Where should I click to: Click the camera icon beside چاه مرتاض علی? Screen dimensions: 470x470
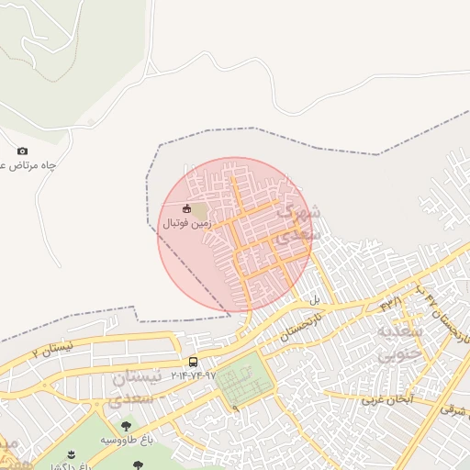click(x=22, y=151)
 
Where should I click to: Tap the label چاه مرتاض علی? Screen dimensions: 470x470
click(x=27, y=165)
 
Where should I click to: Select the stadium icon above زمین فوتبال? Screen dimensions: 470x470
click(x=187, y=207)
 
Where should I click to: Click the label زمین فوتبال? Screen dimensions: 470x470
click(x=187, y=223)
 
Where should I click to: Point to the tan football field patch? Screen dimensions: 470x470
click(x=200, y=211)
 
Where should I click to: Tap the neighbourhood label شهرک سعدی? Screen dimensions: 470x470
click(x=299, y=220)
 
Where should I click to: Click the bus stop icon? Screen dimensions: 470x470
click(x=193, y=362)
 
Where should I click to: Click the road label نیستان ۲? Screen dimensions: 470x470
click(x=51, y=350)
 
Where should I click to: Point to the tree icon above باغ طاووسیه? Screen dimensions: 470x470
click(x=126, y=425)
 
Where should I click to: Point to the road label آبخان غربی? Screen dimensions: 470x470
click(x=386, y=400)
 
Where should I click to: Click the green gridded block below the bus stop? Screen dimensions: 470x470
click(x=244, y=385)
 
